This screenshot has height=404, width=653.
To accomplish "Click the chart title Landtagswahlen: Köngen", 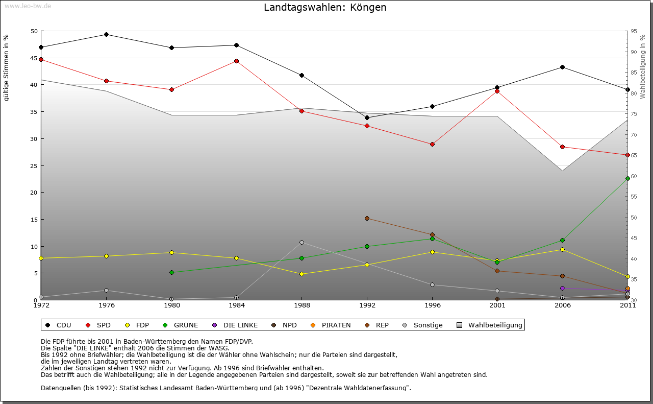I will coord(325,8).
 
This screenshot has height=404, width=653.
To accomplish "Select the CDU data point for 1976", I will coord(106,34).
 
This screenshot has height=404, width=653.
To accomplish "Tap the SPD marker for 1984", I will coord(236,61).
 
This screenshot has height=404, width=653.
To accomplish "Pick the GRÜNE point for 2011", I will coord(627,178).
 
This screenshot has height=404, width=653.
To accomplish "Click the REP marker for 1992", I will coord(367,218).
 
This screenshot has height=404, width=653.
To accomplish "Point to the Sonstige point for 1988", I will coord(302,242).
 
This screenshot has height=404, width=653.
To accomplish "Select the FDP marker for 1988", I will coord(302,274).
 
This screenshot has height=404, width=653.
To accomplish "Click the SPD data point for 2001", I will coord(497,91).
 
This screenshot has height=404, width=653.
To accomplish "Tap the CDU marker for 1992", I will coord(367,117).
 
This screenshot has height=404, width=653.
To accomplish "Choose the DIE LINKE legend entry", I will coord(235,325).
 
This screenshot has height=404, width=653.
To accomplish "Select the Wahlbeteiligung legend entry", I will coord(489,325).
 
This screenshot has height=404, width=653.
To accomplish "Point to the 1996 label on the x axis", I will coord(432,305).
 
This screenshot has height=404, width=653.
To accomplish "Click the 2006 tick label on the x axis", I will coord(562,305).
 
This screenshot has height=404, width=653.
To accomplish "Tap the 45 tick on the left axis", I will coord(34,58).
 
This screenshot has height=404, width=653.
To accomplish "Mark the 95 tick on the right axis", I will coord(634,31).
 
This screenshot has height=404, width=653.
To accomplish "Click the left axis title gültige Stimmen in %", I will coord(7,67).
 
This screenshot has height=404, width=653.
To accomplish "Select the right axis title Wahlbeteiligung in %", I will coord(643,66).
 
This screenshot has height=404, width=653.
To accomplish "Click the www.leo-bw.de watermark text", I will coord(27,6).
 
